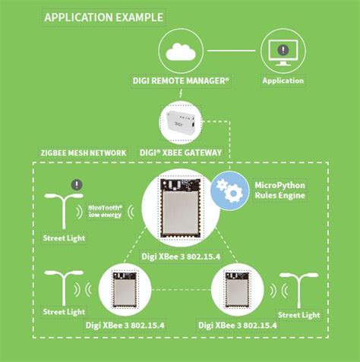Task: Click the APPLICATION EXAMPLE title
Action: pos(104,15)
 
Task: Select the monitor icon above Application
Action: pos(282,51)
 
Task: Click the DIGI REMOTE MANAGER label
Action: pos(181,80)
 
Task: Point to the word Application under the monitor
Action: pos(283,80)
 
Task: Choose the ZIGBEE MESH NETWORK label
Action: pos(83,153)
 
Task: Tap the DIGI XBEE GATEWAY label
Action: pos(181,153)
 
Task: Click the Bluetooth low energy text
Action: pos(108,210)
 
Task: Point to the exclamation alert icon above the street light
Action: pos(75,184)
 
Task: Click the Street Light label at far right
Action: pos(298,314)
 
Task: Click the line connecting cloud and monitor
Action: pos(232,51)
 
